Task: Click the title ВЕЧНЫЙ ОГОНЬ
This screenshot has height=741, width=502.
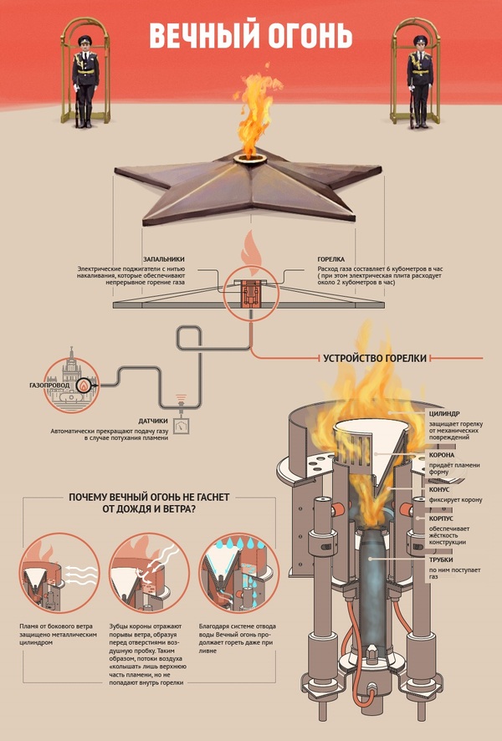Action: click(x=250, y=36)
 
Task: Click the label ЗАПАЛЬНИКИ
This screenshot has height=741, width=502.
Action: click(x=165, y=260)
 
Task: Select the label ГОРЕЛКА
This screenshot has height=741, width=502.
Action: click(x=332, y=260)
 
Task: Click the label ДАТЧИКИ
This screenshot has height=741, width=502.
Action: click(x=153, y=421)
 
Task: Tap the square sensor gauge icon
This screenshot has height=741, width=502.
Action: click(x=180, y=424)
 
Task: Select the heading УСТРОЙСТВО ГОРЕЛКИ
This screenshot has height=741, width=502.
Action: click(x=375, y=358)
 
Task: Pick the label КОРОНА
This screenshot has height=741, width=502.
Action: click(x=442, y=455)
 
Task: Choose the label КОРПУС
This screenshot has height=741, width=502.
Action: click(x=442, y=519)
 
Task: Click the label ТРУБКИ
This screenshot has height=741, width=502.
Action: click(x=442, y=560)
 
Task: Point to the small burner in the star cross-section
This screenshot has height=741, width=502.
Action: click(x=250, y=292)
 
